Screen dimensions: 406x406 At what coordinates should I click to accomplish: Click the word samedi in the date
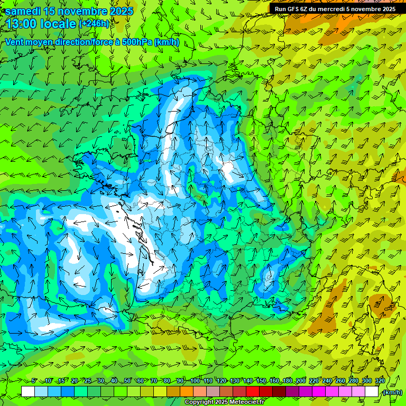point(23,11)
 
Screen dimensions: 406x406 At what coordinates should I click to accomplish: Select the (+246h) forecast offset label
point(94,23)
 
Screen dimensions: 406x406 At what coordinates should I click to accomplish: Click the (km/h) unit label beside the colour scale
point(392,392)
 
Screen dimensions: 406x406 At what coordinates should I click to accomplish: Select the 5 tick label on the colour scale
point(34,381)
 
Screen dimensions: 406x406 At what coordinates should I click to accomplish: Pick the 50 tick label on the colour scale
point(127,381)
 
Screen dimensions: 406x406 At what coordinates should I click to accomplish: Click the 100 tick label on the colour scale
point(195,381)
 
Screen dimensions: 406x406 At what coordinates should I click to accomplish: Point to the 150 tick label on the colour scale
point(261,381)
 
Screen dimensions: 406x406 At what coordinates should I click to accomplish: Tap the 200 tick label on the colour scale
point(301,381)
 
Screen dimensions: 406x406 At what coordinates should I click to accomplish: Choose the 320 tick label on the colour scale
point(380,381)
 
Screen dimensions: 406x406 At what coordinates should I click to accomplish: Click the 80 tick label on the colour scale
point(167,381)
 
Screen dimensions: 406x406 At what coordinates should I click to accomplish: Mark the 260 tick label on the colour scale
point(340,381)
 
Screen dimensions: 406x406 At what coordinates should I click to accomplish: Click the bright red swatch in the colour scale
point(253,392)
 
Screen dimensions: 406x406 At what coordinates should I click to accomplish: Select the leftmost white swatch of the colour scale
point(28,392)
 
